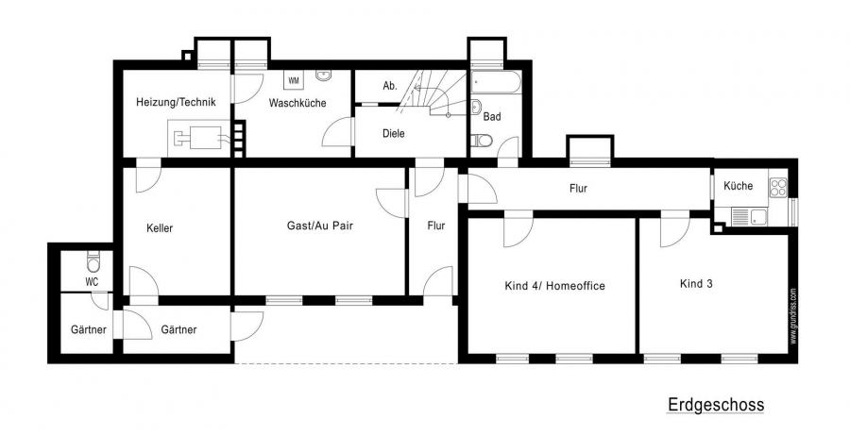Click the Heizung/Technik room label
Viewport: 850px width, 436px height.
pos(176,102)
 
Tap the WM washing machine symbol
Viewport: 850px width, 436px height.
pos(294,81)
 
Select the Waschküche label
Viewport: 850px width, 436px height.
pos(297,102)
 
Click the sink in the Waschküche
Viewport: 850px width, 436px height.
pos(325,75)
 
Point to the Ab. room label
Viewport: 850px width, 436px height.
pos(390,86)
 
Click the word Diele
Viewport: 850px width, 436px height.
pos(394,133)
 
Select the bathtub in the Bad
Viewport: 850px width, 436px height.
pos(496,82)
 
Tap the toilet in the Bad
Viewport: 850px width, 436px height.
pos(482,141)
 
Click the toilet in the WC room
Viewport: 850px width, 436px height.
pos(93,262)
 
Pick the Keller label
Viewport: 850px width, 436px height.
pos(160,228)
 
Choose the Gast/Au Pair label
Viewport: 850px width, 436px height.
pos(319,226)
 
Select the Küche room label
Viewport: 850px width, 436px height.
pos(739,186)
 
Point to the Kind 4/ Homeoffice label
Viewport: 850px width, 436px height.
pos(554,286)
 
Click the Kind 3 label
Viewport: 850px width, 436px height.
pos(696,283)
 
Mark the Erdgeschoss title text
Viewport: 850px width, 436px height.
pos(716,405)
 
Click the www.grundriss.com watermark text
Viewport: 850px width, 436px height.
pos(793,316)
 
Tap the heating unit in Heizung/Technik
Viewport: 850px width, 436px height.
pos(198,137)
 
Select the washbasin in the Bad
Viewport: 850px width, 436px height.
pos(477,106)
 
